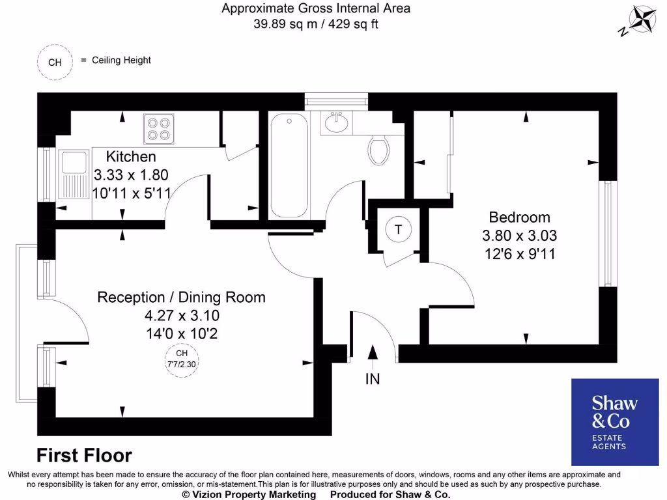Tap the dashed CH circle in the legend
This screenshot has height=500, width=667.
pos(55,62)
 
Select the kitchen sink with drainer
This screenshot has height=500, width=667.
pos(74,174)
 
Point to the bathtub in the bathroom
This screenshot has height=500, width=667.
pos(289,166)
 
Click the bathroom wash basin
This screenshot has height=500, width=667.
pos(337,123)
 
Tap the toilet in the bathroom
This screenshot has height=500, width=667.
pos(378,150)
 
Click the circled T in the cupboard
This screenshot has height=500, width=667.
pos(398,229)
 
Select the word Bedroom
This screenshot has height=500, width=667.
pos(519,217)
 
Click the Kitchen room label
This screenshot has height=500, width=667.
pos(131,157)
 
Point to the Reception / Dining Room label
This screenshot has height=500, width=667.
pos(181,298)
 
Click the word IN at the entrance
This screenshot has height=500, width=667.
pos(373,378)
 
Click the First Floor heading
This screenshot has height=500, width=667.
pos(84,455)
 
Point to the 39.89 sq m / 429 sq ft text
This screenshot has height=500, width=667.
pos(316,24)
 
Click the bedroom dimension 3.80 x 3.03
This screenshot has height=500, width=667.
pos(519,236)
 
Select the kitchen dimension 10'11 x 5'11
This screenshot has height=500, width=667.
pos(131,193)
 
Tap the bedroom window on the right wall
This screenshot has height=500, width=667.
pos(608,234)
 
